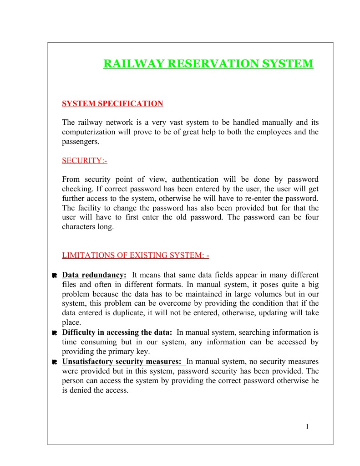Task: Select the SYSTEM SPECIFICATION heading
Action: click(x=112, y=104)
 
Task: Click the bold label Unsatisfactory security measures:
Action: click(x=124, y=361)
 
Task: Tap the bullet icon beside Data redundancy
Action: click(x=54, y=276)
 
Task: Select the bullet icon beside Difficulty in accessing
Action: click(x=54, y=333)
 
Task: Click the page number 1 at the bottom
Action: click(x=307, y=426)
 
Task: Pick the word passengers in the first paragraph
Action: click(x=80, y=142)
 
